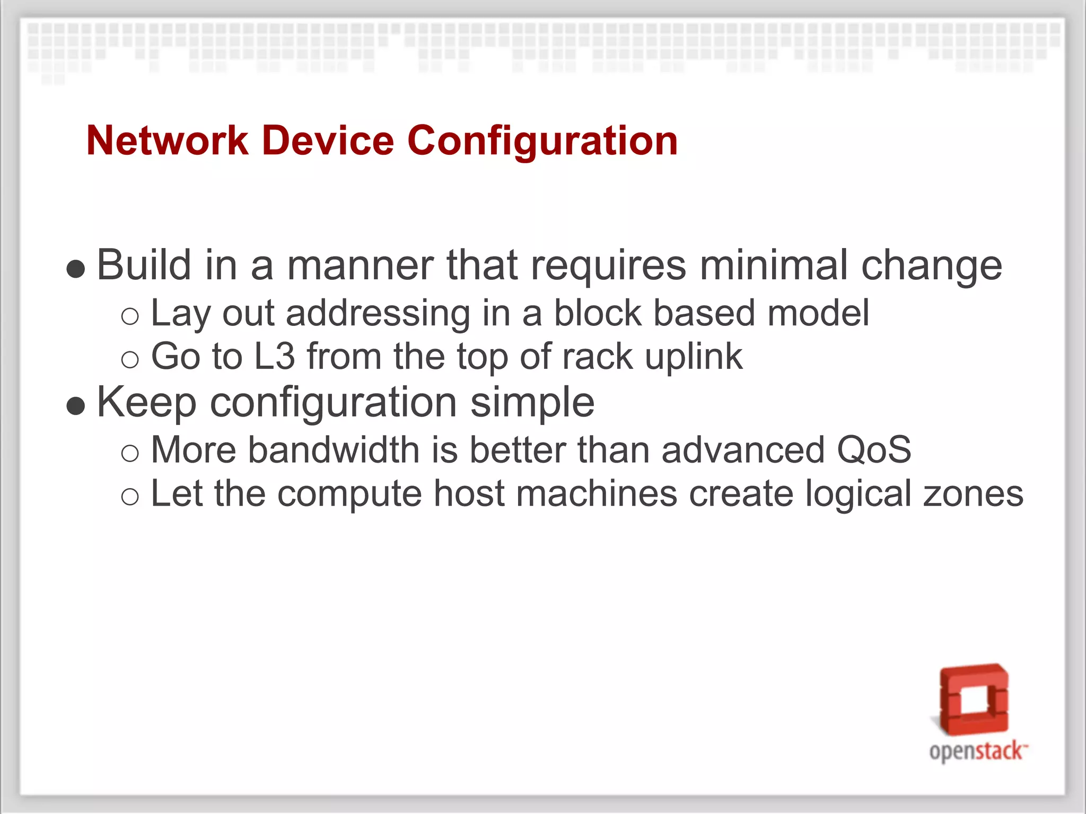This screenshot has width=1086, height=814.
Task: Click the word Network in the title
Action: point(167,141)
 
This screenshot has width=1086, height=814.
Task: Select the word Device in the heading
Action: point(328,141)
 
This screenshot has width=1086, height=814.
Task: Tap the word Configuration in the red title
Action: point(542,141)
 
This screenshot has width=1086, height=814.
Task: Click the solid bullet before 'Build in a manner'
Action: point(76,269)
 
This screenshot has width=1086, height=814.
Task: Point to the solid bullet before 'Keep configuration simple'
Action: point(76,406)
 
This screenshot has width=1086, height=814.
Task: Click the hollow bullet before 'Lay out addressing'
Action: point(130,317)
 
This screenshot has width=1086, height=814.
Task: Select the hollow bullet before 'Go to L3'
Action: point(130,360)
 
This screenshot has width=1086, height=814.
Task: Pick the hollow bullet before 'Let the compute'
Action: point(130,497)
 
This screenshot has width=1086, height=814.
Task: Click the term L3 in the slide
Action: point(274,356)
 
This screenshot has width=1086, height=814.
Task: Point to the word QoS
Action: point(874,450)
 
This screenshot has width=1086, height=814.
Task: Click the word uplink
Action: point(694,356)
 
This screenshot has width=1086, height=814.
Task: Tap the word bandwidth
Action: point(334,450)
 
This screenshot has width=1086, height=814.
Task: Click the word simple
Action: point(532,402)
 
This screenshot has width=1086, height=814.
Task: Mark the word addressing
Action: point(378,313)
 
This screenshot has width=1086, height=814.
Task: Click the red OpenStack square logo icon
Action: point(974,699)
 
